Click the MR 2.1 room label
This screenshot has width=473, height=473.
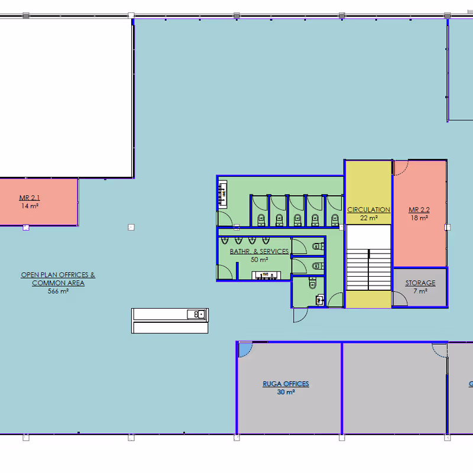coord(30,198)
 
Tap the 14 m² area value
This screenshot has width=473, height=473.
coord(30,206)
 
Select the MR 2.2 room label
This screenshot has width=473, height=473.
coord(419,210)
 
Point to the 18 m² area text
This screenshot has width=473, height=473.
coord(419,218)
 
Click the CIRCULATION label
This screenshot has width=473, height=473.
coord(368,210)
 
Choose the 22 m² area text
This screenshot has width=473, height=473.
coord(368,218)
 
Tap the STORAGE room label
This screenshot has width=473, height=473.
coord(420,283)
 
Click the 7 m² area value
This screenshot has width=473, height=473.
coord(420,291)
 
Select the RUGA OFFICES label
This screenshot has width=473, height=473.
coord(286,384)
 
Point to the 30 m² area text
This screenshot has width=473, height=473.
coord(286,392)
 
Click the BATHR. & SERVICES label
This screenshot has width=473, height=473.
coord(259,251)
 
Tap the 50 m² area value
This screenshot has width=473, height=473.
coord(260,260)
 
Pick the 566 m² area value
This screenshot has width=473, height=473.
coord(58,291)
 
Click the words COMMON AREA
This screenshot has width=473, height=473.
coord(58,283)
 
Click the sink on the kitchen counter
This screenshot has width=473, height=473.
coord(197,315)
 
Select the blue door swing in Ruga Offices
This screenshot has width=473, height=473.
coord(245,350)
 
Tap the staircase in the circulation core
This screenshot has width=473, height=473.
coord(368,270)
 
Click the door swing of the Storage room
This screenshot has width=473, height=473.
coord(400,299)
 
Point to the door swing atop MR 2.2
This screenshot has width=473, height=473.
coord(401,168)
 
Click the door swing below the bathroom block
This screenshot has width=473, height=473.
coord(300,315)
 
